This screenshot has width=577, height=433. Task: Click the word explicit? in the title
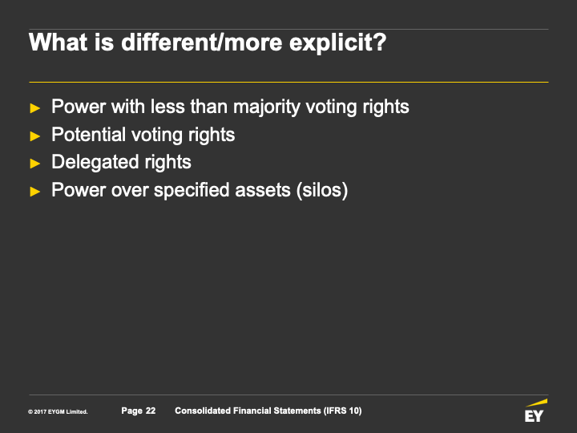[x=337, y=43]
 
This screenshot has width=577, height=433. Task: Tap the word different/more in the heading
[x=201, y=42]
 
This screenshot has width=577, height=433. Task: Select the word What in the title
[x=59, y=42]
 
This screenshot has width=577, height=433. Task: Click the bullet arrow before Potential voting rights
[x=35, y=136]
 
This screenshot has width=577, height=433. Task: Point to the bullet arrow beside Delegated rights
[x=35, y=164]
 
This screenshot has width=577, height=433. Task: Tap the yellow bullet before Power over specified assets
[x=35, y=192]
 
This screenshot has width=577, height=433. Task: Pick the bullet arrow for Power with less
[x=35, y=108]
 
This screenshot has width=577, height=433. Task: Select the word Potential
[x=88, y=135]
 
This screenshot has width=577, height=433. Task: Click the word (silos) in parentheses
[x=322, y=190]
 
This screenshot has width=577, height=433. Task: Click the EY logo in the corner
[x=535, y=411]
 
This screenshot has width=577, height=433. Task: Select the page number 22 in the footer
[x=151, y=411]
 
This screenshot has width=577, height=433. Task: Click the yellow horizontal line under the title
[x=288, y=82]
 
